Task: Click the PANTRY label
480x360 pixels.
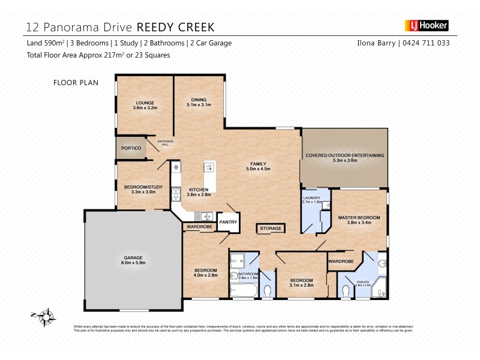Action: (229, 222)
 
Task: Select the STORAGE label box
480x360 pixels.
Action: (271, 229)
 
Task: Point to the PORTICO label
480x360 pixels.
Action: (131, 148)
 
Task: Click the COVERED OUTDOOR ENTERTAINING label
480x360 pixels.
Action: (344, 155)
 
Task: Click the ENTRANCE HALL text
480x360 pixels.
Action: (164, 143)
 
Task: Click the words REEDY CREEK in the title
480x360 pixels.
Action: (176, 26)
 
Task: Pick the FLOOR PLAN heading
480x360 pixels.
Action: (76, 82)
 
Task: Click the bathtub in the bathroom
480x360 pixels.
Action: (242, 291)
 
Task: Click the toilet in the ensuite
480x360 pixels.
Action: (346, 291)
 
